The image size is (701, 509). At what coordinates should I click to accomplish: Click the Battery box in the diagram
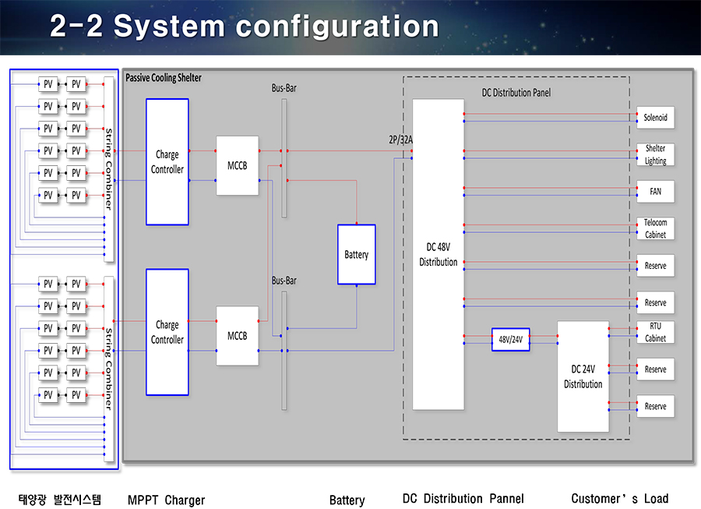pos(356,254)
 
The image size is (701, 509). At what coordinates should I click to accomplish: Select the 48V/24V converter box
pos(510,340)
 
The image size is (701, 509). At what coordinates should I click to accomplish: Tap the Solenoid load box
pos(655,118)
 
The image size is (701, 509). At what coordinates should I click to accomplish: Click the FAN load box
pos(655,192)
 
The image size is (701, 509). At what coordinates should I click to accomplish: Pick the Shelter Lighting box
pos(655,154)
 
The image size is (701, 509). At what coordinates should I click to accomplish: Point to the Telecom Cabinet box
pos(655,228)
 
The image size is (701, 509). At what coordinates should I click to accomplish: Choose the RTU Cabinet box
pos(655,332)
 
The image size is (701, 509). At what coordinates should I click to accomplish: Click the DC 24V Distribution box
pos(583,376)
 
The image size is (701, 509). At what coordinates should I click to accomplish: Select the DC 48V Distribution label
pos(438,254)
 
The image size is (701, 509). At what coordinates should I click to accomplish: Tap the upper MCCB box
pos(238,165)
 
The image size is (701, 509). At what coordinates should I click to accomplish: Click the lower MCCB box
pos(238,336)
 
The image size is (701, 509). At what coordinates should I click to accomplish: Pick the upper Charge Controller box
pos(167,162)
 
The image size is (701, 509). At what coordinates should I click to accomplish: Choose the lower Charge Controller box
pos(167,332)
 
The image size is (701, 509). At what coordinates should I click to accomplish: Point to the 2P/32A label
pos(400,140)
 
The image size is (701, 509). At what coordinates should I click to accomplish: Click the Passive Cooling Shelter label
pos(164,78)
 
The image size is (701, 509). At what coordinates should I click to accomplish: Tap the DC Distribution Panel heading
pos(516,93)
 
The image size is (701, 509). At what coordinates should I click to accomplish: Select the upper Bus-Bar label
pos(284,88)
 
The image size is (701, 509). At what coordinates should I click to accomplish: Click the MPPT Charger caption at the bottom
pos(167,500)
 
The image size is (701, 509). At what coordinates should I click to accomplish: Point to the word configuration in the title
pos(337,27)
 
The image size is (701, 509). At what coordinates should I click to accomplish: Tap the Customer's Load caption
pos(620,499)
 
